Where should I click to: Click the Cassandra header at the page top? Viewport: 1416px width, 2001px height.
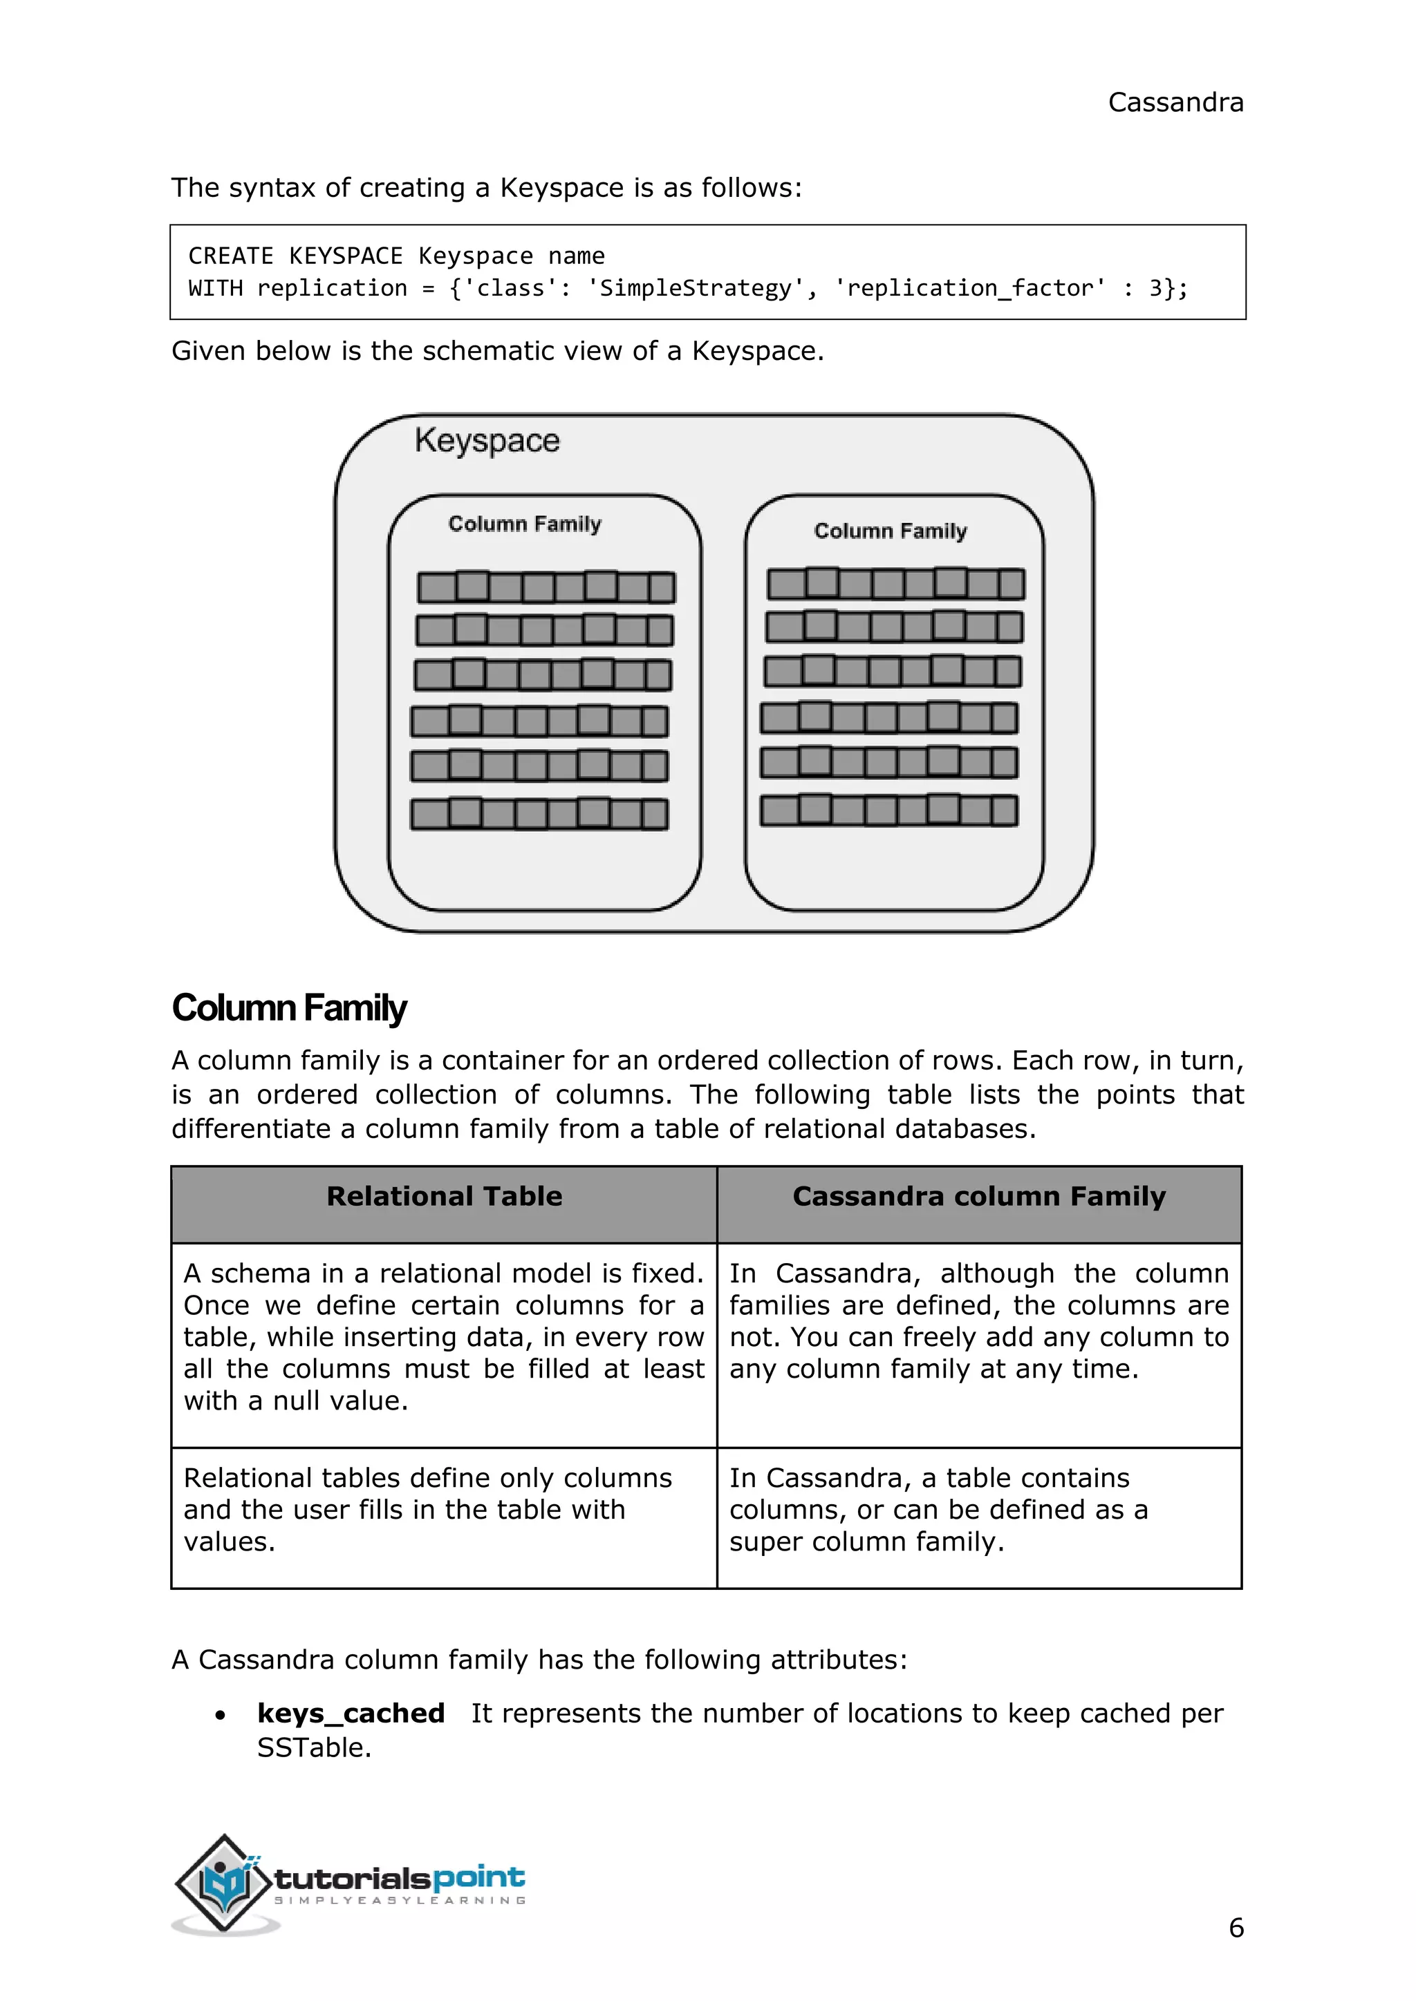click(x=1175, y=103)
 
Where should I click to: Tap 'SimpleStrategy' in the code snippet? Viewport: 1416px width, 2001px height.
click(x=695, y=288)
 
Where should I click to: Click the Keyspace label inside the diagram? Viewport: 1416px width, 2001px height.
click(x=487, y=441)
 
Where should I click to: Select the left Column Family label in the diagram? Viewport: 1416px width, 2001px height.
click(x=525, y=524)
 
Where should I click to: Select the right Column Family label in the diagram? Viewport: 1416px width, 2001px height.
click(x=891, y=531)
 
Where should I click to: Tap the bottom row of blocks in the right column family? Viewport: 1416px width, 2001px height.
click(x=888, y=810)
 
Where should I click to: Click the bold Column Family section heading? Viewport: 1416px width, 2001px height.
click(x=288, y=1007)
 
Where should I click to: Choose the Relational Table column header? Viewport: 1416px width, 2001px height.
click(x=444, y=1197)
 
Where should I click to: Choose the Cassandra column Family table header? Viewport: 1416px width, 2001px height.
click(x=978, y=1197)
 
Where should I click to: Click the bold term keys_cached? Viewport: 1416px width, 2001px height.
click(x=351, y=1714)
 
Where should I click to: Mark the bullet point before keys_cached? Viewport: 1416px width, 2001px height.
click(x=221, y=1715)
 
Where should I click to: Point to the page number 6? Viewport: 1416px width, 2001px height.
click(x=1236, y=1928)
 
